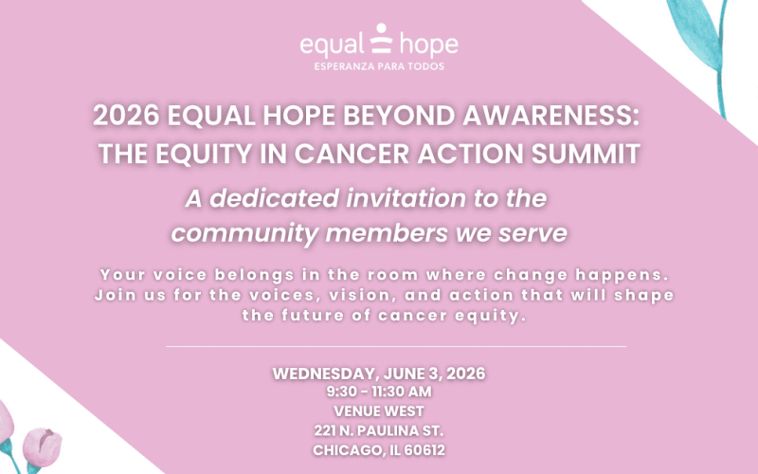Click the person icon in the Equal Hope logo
tap(379, 42)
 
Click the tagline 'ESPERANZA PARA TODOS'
tap(379, 66)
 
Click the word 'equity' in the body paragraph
tap(487, 315)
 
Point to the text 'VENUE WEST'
tap(379, 411)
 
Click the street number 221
tap(329, 430)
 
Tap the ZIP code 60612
tap(424, 449)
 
